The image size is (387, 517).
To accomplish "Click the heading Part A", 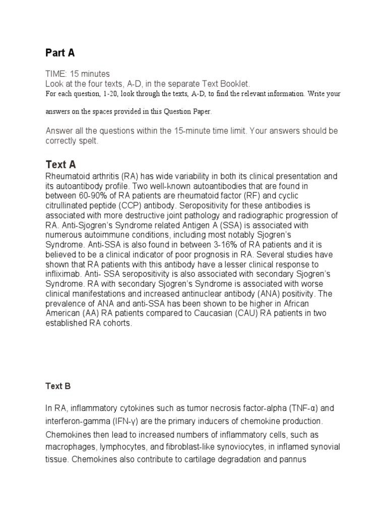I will [x=60, y=53].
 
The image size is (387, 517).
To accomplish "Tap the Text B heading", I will [x=58, y=386].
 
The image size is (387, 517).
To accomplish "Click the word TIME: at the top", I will [x=56, y=74].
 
